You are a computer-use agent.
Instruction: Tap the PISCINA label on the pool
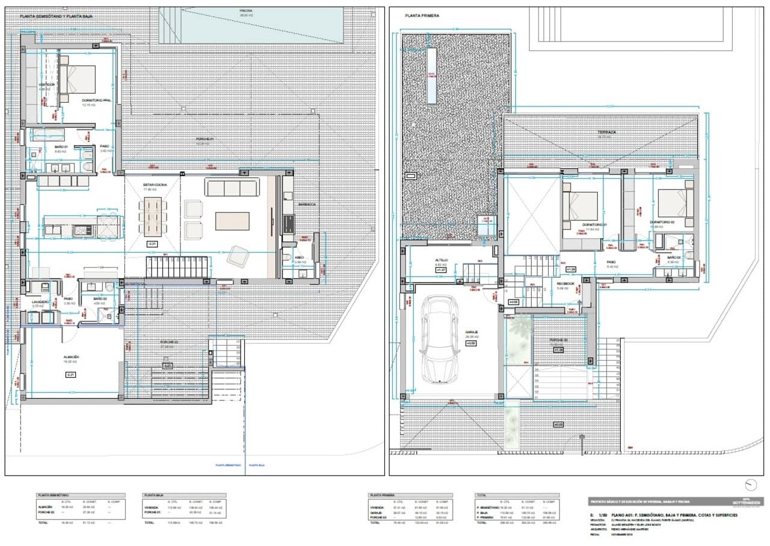click(x=246, y=11)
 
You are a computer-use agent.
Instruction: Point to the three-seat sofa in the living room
click(x=232, y=188)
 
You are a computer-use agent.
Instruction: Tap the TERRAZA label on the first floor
click(x=606, y=132)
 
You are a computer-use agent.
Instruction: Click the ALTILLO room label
click(x=442, y=260)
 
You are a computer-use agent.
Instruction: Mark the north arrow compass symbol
click(x=750, y=485)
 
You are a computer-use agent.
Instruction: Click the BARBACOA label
click(x=307, y=204)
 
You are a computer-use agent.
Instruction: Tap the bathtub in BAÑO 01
click(x=47, y=134)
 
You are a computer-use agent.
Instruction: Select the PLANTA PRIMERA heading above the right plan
click(x=422, y=16)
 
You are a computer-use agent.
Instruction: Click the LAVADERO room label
click(x=32, y=302)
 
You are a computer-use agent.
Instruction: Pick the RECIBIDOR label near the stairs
click(x=565, y=283)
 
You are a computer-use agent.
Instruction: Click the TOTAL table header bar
click(x=516, y=495)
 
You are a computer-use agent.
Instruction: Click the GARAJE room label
click(x=471, y=331)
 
